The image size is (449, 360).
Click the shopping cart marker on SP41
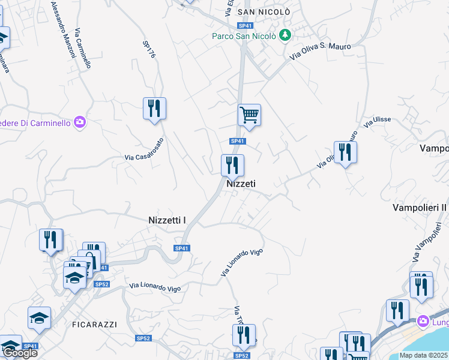point(249,114)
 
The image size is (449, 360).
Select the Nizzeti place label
point(241,184)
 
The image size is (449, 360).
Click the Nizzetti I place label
point(167,220)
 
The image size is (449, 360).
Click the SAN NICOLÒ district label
point(264,11)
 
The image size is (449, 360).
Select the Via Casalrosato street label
point(144,150)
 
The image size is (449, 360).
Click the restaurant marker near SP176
point(154,108)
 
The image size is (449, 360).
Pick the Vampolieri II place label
point(420,208)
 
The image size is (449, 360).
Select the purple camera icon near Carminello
point(80,122)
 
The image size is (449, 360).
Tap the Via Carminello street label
point(83,48)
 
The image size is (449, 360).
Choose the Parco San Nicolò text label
point(244,36)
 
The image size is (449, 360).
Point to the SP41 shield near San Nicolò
point(244,26)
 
